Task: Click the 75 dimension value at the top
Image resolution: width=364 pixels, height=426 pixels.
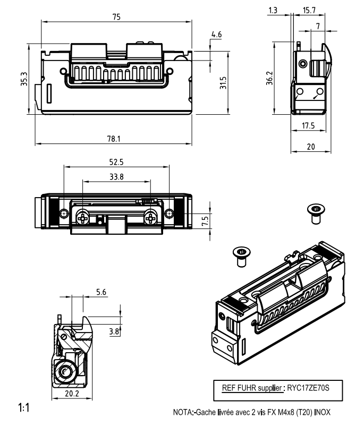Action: (116, 16)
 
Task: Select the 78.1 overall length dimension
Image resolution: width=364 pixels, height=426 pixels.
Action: (114, 139)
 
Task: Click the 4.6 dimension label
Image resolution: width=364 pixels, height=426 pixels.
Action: (216, 35)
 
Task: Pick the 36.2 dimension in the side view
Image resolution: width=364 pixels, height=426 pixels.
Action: (270, 80)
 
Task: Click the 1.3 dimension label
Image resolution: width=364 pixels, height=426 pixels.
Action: (273, 10)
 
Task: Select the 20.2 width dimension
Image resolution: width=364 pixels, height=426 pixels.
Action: (71, 394)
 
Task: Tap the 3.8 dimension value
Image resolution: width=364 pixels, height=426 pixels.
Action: (114, 331)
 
